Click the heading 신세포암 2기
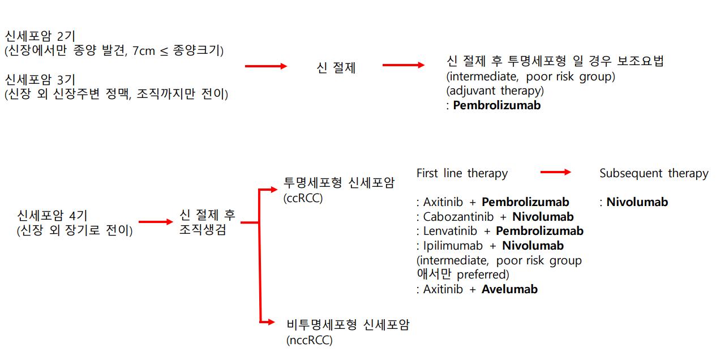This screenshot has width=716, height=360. tap(40, 37)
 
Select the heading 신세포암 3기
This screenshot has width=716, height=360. tap(40, 80)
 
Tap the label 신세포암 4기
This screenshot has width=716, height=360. tap(53, 216)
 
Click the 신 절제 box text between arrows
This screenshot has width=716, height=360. tap(336, 68)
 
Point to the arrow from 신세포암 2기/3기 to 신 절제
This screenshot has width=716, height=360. tap(265, 66)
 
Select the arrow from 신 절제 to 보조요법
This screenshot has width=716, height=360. tap(403, 65)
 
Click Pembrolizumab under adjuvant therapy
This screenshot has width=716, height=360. tap(496, 105)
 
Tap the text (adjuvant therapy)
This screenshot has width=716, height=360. tap(495, 91)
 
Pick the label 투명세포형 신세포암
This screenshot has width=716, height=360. tap(339, 183)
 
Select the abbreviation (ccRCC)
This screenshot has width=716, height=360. tap(303, 198)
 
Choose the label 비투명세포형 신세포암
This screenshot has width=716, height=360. tap(348, 325)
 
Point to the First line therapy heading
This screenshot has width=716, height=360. tap(462, 173)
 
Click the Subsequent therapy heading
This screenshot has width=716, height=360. tap(654, 173)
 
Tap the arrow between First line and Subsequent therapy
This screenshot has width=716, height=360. tap(555, 172)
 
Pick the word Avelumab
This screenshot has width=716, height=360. tap(509, 289)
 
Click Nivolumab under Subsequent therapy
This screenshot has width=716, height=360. tap(637, 202)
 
